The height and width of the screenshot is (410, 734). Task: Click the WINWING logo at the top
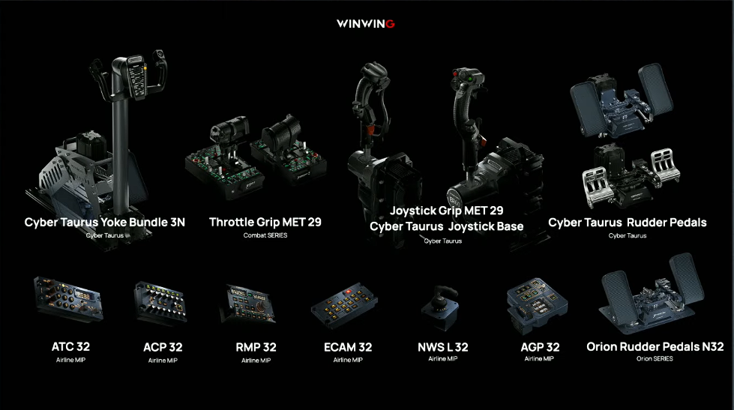[x=367, y=23]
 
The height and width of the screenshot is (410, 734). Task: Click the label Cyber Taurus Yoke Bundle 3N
[x=104, y=223]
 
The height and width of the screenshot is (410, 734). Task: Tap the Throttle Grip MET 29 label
[x=265, y=223]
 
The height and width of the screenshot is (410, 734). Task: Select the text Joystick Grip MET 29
[x=446, y=211]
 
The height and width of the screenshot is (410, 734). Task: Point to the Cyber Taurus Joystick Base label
[x=446, y=226]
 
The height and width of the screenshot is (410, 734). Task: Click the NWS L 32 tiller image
[x=440, y=307]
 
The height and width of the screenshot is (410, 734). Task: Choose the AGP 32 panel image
[x=534, y=304]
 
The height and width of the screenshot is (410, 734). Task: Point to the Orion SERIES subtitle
[x=655, y=359]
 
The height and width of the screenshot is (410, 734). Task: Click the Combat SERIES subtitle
[x=265, y=235]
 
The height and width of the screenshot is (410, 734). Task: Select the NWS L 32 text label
[x=442, y=347]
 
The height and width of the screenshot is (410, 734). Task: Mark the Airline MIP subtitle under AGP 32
[x=540, y=359]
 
